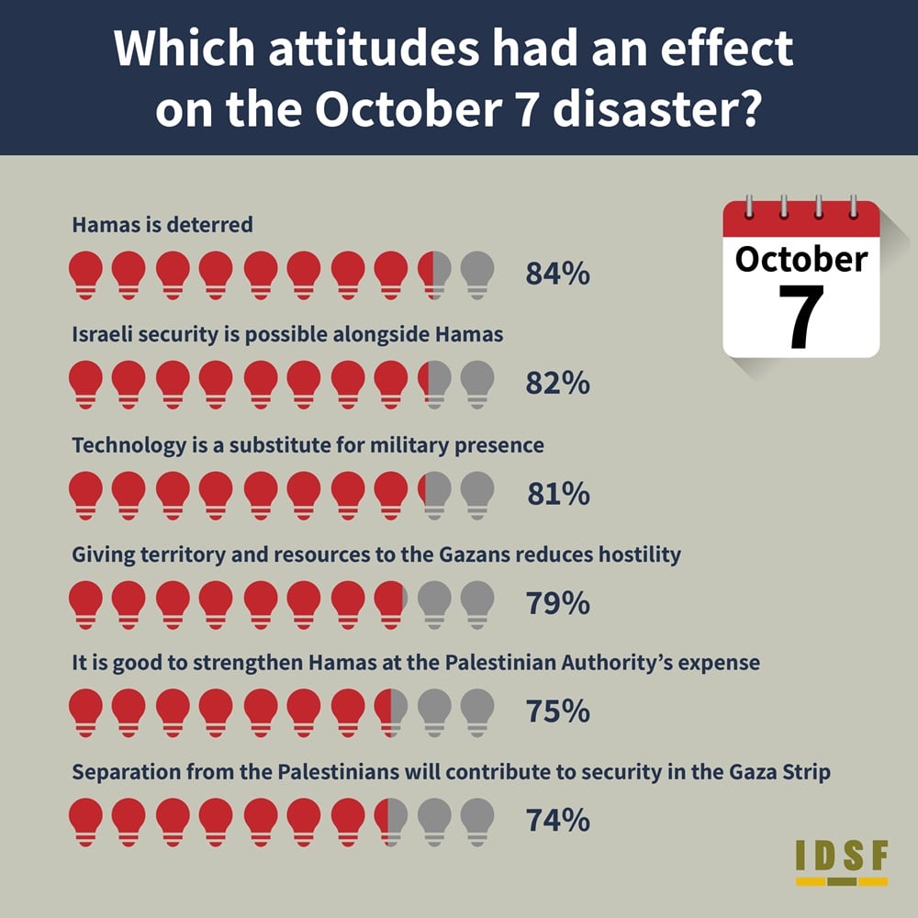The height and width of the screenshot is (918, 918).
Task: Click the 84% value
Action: tap(557, 274)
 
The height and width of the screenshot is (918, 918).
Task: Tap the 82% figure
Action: tap(557, 383)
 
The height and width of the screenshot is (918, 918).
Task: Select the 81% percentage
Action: tap(558, 494)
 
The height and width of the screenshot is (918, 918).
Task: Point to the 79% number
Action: tap(557, 603)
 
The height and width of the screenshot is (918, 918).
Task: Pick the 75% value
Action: tap(557, 711)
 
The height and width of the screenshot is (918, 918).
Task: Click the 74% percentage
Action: tap(557, 820)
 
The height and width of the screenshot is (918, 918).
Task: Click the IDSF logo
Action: tap(842, 862)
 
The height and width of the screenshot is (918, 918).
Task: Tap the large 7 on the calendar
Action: tap(801, 317)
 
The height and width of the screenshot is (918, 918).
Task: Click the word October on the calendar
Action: tap(800, 260)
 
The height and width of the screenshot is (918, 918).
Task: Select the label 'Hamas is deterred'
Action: tap(162, 225)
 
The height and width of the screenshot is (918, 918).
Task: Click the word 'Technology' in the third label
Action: tap(129, 445)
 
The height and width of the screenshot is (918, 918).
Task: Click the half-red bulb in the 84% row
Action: tap(434, 275)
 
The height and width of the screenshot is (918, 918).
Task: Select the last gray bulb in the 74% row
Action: tap(477, 822)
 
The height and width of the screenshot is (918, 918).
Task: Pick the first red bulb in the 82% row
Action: tap(85, 385)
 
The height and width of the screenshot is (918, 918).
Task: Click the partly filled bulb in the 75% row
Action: tap(391, 713)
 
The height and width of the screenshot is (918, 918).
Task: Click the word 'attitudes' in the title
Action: tap(375, 48)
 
